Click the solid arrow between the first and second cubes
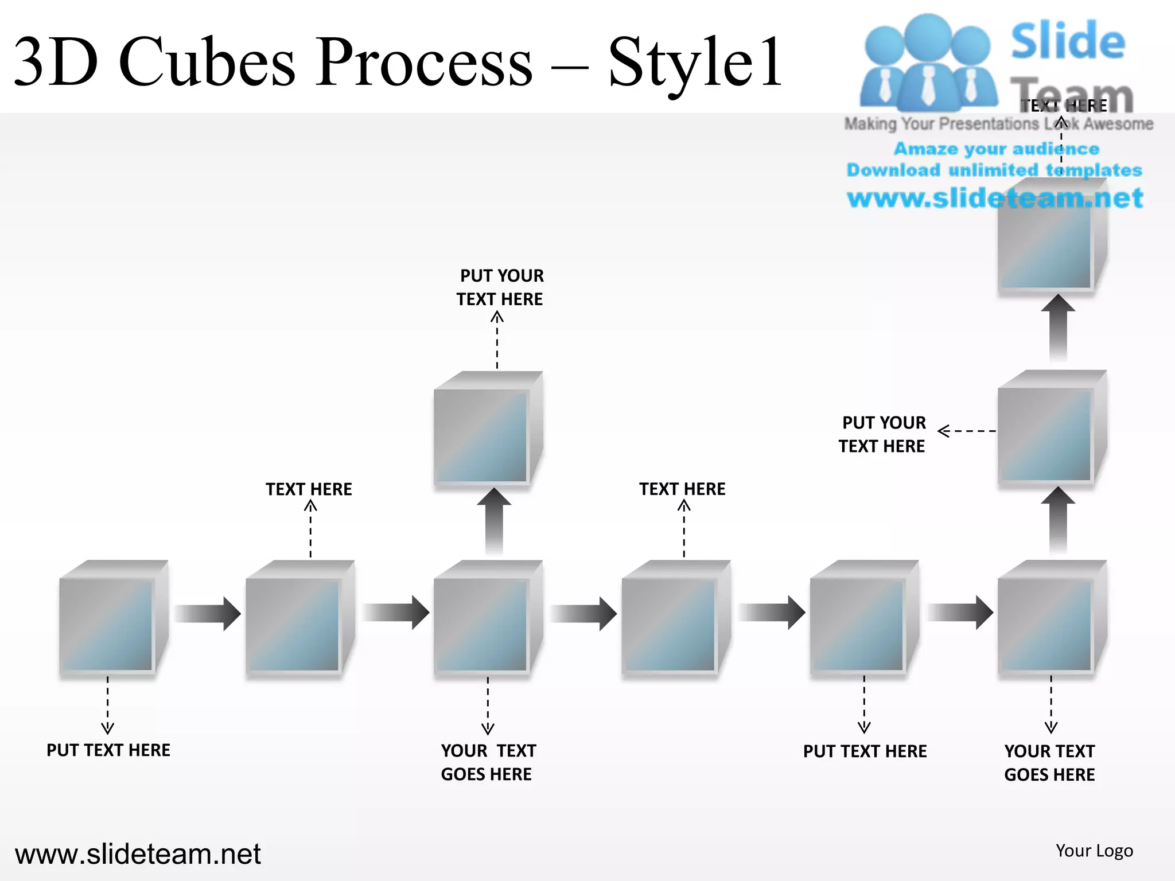pyautogui.click(x=207, y=613)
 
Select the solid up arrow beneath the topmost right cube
pyautogui.click(x=1058, y=327)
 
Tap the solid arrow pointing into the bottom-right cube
pyautogui.click(x=960, y=613)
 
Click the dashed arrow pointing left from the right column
pyautogui.click(x=967, y=431)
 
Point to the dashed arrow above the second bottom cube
pyautogui.click(x=310, y=529)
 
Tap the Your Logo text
pyautogui.click(x=1094, y=851)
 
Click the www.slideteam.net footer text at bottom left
pyautogui.click(x=138, y=853)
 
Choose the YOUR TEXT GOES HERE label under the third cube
pyautogui.click(x=488, y=762)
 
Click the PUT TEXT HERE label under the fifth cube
pyautogui.click(x=865, y=751)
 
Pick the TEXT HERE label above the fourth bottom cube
pyautogui.click(x=682, y=489)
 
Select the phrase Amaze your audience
pyautogui.click(x=997, y=149)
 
